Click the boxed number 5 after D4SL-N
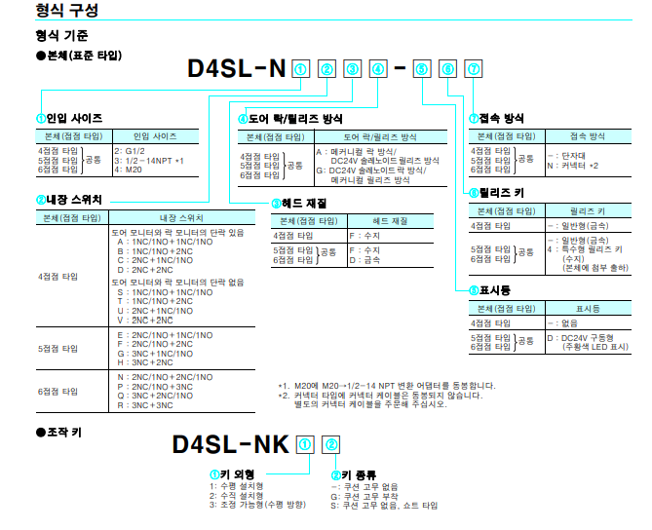click(422, 69)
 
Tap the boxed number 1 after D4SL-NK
click(305, 445)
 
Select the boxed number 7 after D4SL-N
click(474, 69)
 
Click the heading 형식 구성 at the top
click(67, 10)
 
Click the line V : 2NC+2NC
click(145, 321)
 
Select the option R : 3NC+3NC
click(145, 405)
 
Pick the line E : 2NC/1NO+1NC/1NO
click(165, 335)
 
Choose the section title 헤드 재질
click(304, 204)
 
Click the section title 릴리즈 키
click(502, 193)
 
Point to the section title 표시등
click(495, 290)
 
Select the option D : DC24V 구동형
click(580, 338)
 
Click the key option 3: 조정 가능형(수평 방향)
click(257, 505)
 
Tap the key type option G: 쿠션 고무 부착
click(364, 496)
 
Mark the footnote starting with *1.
click(387, 386)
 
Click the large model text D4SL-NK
click(231, 444)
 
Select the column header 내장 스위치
click(181, 218)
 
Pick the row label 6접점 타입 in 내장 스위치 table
click(58, 392)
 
